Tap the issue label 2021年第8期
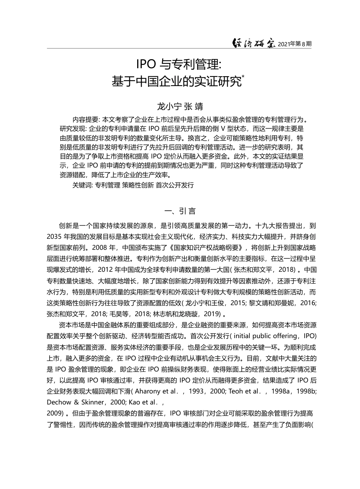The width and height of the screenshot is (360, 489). point(295,44)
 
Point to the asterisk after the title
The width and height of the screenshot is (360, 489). point(243,77)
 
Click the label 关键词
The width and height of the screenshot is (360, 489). point(81,185)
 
